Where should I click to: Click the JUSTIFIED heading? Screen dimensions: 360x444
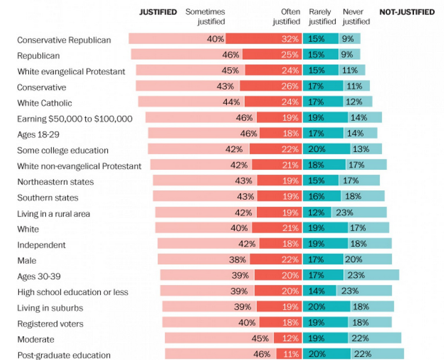click(158, 12)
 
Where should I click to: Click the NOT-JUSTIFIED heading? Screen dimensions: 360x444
click(407, 12)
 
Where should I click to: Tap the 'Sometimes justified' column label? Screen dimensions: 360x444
click(204, 17)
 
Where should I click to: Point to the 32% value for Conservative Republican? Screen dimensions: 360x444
click(290, 39)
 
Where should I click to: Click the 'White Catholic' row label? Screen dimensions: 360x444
click(44, 103)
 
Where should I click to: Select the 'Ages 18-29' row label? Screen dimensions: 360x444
click(39, 135)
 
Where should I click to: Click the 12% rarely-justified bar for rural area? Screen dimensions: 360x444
click(317, 213)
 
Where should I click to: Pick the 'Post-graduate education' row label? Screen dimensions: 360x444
click(63, 355)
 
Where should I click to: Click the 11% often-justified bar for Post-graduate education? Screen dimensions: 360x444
click(289, 354)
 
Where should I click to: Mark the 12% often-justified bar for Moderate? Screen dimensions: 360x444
click(287, 339)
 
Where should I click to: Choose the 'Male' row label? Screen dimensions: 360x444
click(26, 261)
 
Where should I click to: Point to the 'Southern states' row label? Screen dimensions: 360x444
click(48, 198)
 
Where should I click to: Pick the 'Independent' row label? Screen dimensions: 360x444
click(41, 245)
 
